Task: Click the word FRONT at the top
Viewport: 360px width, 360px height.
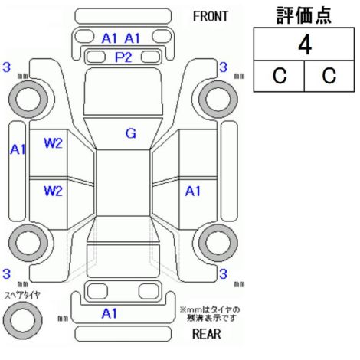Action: coord(210,17)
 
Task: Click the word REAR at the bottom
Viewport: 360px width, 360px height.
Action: coord(206,334)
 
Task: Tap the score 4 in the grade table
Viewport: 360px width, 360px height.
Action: coord(305,45)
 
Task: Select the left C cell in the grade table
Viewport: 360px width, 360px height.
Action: coord(280,76)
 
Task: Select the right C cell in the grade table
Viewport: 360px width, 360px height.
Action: coord(329,76)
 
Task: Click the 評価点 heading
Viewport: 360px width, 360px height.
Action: coord(304,15)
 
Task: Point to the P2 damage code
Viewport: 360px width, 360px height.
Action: coord(123,57)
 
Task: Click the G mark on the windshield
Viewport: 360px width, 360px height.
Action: coord(130,133)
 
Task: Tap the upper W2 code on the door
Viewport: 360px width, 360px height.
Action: coord(53,143)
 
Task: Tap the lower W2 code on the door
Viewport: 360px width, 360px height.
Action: coord(53,191)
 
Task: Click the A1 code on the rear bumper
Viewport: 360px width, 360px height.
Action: coord(110,313)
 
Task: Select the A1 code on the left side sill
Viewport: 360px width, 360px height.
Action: coord(18,149)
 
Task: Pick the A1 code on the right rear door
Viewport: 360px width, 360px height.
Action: coord(193,191)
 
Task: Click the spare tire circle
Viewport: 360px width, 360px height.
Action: coord(23,320)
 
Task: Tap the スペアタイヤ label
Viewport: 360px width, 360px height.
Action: coord(22,296)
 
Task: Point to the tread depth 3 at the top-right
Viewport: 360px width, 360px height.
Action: coord(223,67)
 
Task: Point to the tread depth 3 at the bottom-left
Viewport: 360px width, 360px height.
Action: coord(6,274)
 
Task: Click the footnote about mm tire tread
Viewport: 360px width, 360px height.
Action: coord(210,314)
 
